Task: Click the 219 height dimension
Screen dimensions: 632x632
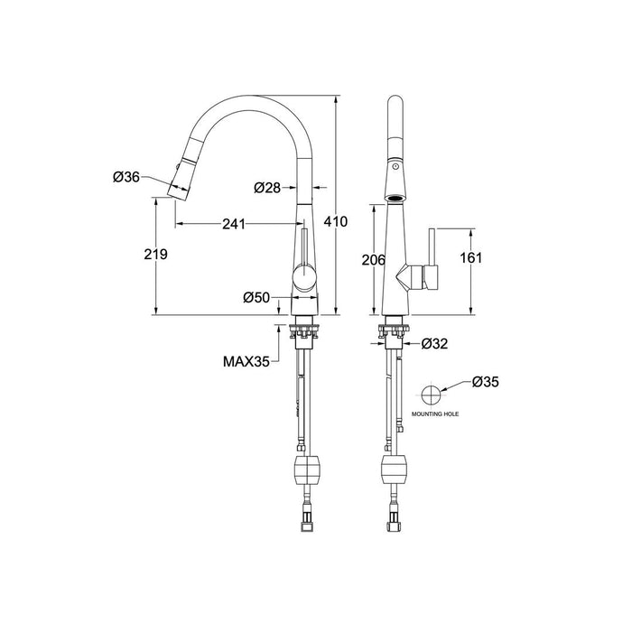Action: pos(156,256)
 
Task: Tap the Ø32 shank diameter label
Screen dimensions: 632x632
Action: pos(437,343)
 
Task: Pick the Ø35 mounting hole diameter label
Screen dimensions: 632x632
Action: pos(485,382)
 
